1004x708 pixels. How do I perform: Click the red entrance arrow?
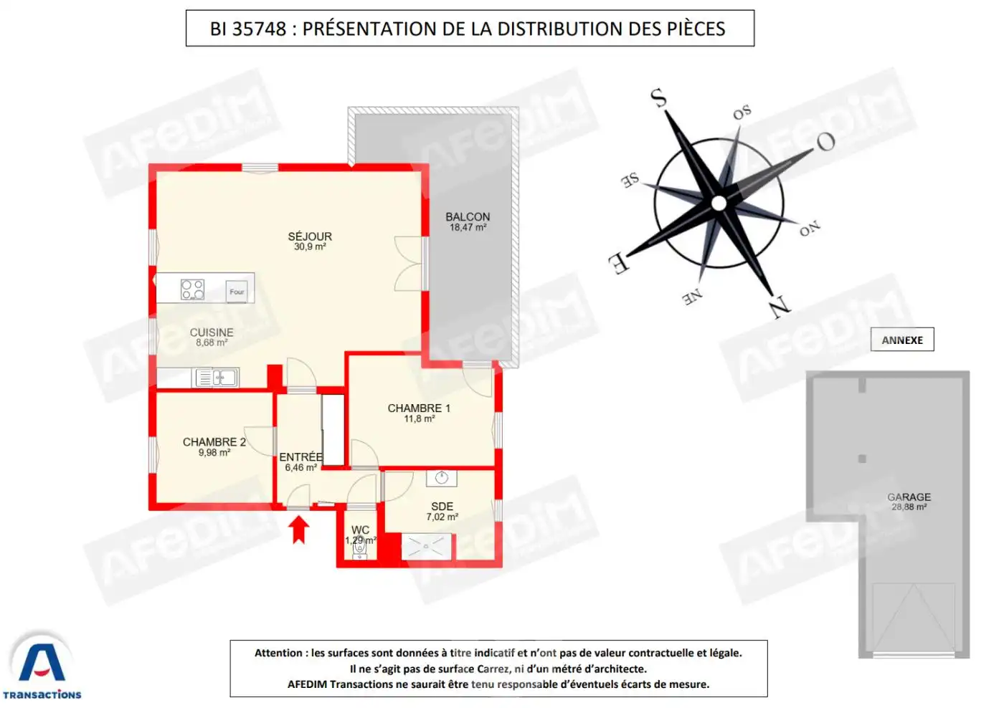[298, 530]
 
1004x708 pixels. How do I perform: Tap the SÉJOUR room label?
[310, 236]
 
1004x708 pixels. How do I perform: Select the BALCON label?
[468, 216]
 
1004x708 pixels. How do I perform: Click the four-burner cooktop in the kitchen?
[192, 290]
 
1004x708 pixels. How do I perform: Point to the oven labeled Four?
[237, 292]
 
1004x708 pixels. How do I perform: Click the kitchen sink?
[216, 378]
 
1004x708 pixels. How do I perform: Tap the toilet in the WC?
[359, 548]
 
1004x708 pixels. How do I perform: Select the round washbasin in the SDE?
[442, 478]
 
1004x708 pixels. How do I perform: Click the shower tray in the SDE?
[426, 546]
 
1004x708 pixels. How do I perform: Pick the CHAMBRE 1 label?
[419, 408]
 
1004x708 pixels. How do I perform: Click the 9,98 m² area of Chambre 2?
[214, 453]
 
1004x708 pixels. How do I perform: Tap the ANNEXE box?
[902, 340]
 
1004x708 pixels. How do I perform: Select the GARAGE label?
[909, 497]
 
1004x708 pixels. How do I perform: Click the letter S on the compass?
[658, 97]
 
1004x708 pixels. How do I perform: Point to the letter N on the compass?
[780, 307]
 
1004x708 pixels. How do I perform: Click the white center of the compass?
[719, 204]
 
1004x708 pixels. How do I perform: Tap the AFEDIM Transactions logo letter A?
[42, 662]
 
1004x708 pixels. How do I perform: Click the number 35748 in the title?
[259, 29]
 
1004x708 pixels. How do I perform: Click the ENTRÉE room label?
[300, 457]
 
